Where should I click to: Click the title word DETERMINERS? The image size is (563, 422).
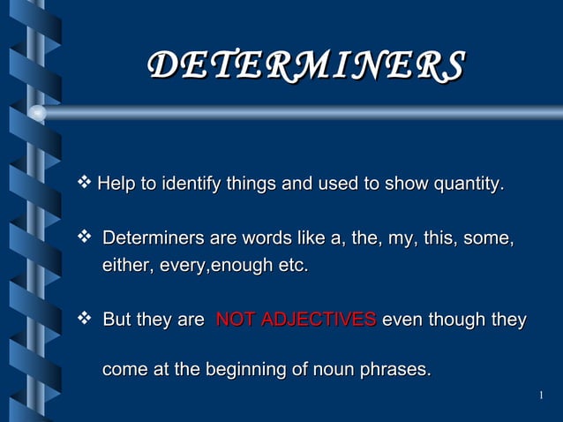point(306,65)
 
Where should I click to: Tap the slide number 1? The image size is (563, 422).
point(539,395)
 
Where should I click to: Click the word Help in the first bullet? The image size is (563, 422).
point(115,185)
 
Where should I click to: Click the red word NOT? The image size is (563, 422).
point(234,320)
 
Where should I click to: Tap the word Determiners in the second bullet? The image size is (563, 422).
point(154,239)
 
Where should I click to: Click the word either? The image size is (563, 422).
point(127,265)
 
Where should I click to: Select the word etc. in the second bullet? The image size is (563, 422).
point(292,265)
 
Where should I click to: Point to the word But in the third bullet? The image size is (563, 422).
point(120,320)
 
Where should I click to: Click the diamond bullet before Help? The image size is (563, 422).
point(86,184)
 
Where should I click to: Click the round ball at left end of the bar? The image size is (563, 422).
point(37,112)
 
